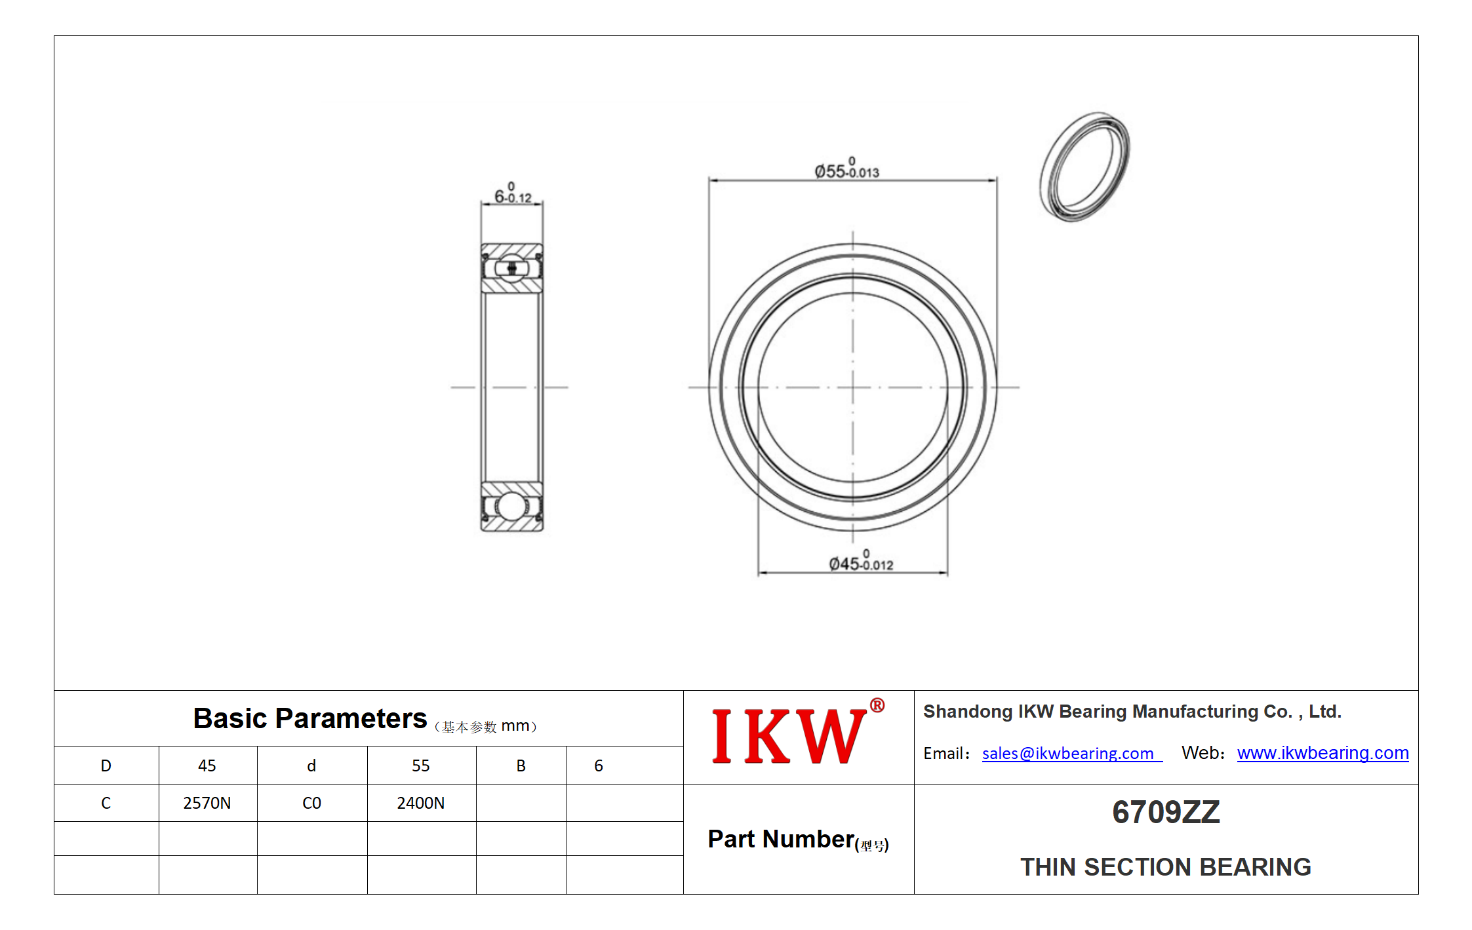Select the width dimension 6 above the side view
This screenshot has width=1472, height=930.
click(x=513, y=193)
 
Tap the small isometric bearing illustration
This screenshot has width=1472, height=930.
click(x=1084, y=166)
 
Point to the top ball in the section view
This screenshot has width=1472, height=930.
click(x=512, y=268)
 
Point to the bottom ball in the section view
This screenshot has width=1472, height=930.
click(x=511, y=506)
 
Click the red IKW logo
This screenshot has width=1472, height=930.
click(x=789, y=736)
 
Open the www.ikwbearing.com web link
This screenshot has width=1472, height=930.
click(x=1323, y=752)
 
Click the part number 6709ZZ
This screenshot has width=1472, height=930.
click(x=1166, y=812)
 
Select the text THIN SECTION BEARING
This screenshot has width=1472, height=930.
click(x=1166, y=866)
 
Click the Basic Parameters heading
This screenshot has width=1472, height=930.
click(x=310, y=719)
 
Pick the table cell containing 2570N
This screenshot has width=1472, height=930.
click(x=208, y=803)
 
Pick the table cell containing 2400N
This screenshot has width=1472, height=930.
click(x=422, y=803)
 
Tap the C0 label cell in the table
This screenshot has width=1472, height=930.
click(x=312, y=803)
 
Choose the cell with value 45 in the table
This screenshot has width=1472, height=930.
click(x=208, y=765)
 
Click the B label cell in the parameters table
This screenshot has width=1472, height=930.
click(x=521, y=765)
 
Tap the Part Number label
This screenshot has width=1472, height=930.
click(x=798, y=840)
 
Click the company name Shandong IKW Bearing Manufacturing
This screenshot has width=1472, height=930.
click(x=1132, y=711)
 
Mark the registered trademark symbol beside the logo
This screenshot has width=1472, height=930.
click(x=877, y=705)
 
